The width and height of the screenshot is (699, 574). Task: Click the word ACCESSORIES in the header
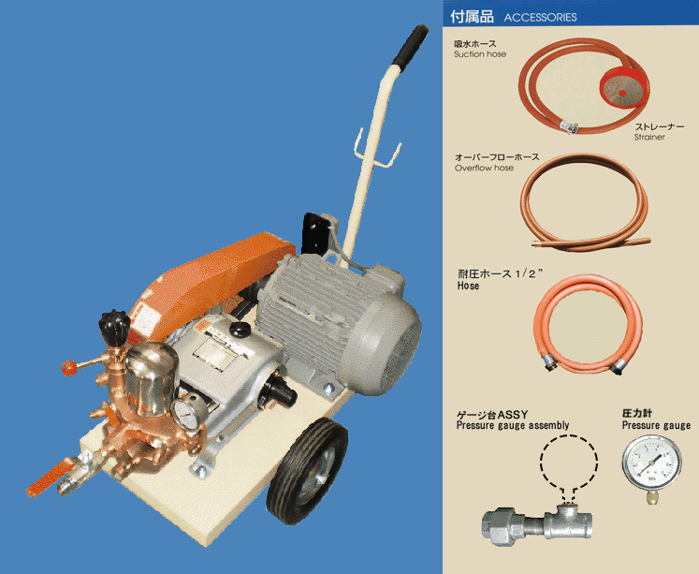point(540,18)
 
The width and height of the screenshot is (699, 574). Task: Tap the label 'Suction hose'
point(480,54)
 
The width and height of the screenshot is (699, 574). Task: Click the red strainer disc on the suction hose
point(622,87)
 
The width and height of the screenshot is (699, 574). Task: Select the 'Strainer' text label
point(649,137)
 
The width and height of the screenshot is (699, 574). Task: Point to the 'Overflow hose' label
point(484,169)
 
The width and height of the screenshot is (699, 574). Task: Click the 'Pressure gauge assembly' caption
point(513,425)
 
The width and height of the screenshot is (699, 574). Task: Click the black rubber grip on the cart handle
point(411,45)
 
